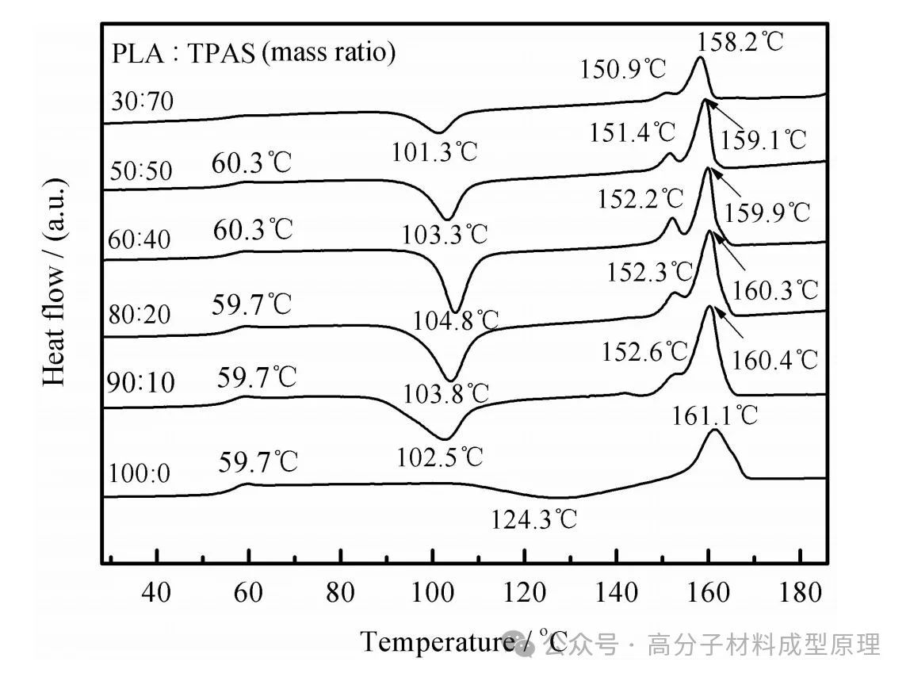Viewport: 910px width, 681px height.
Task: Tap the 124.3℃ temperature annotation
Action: pyautogui.click(x=534, y=520)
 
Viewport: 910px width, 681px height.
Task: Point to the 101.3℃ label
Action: pyautogui.click(x=435, y=151)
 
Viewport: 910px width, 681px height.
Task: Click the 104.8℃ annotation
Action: pyautogui.click(x=457, y=319)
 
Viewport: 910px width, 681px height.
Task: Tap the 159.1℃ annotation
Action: pyautogui.click(x=763, y=140)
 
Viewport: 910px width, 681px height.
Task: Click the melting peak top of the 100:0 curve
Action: pyautogui.click(x=714, y=430)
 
